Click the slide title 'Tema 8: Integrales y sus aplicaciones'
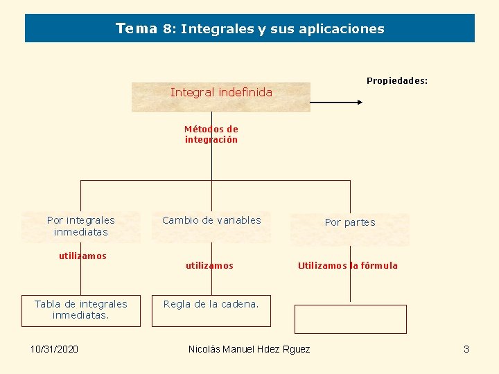tap(249, 29)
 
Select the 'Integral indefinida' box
tap(221, 96)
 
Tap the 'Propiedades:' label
tap(397, 81)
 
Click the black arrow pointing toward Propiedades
tap(337, 102)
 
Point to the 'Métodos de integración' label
tap(211, 134)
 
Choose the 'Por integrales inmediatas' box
tap(81, 226)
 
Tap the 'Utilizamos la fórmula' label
tap(348, 266)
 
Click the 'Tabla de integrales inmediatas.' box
tap(81, 310)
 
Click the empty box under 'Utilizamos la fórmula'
tap(350, 319)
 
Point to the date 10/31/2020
tap(54, 349)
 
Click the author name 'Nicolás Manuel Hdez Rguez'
tap(249, 349)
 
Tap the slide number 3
tap(466, 349)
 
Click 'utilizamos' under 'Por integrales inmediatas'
tap(82, 256)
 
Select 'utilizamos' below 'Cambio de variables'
tap(209, 266)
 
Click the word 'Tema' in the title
tap(137, 29)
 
